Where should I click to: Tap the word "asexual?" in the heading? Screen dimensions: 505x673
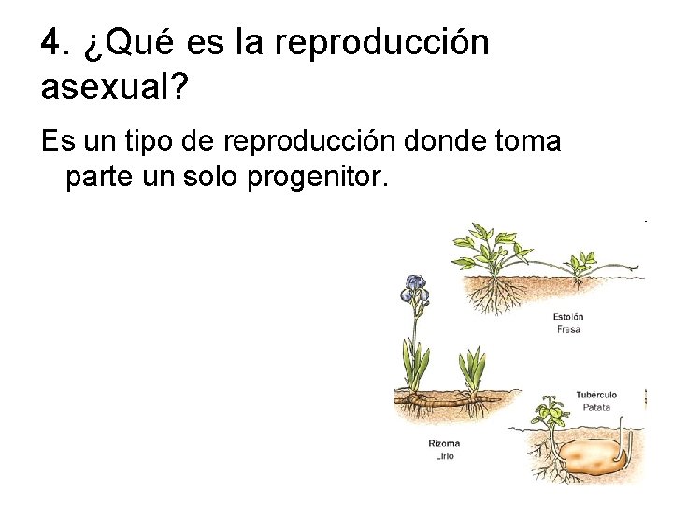point(115,89)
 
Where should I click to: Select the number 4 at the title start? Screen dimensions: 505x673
point(52,43)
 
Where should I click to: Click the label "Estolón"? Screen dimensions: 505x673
point(567,317)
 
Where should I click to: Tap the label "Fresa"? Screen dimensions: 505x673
point(567,330)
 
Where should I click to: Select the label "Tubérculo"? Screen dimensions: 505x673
point(595,395)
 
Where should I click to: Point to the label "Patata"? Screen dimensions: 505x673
point(595,407)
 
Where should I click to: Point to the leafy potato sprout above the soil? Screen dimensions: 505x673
point(549,411)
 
